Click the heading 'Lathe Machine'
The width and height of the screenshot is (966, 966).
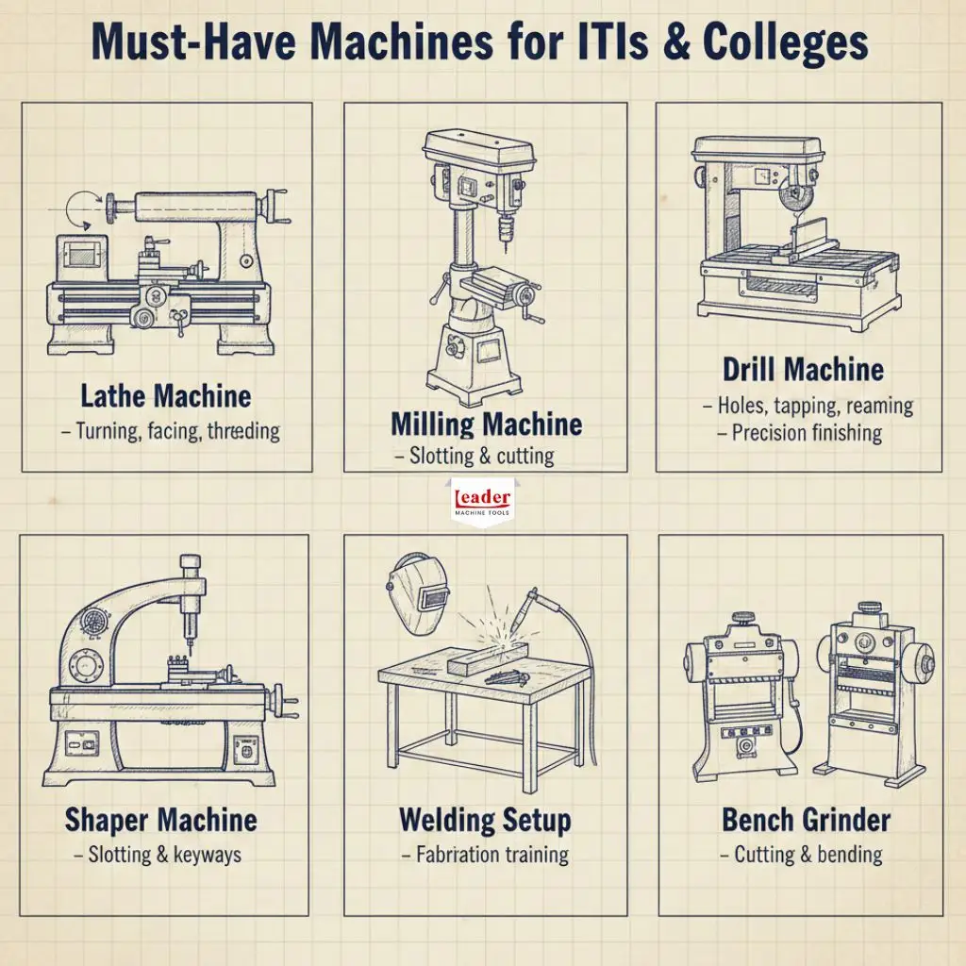(165, 396)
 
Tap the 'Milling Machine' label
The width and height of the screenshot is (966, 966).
(486, 424)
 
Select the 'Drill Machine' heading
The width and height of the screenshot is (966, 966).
(803, 369)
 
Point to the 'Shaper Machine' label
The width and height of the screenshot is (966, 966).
(160, 820)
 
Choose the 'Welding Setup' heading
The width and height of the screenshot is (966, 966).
(485, 820)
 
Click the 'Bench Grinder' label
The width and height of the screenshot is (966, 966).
(806, 820)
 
